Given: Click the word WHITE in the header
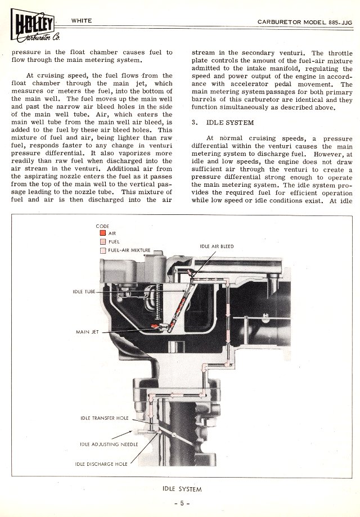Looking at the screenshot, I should pos(82,20).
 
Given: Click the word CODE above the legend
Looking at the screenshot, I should pos(103,225).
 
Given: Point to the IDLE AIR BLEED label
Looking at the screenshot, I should pos(217,246).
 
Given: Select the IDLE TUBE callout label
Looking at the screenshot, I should pos(84,291).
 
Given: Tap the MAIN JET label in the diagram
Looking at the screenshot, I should pos(87,332).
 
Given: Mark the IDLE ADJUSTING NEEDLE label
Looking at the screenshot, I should pos(105,444).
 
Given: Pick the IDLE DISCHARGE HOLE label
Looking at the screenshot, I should pos(101,464).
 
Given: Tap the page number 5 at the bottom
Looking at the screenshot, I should pos(180,502).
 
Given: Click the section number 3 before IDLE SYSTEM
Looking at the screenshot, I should pos(193,122).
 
